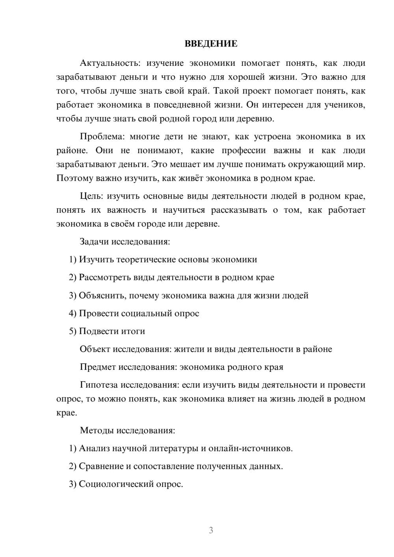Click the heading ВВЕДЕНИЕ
[x=211, y=44]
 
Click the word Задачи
[x=95, y=241]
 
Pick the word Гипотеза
[x=98, y=385]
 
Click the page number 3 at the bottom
[x=211, y=530]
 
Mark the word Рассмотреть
[x=105, y=277]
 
